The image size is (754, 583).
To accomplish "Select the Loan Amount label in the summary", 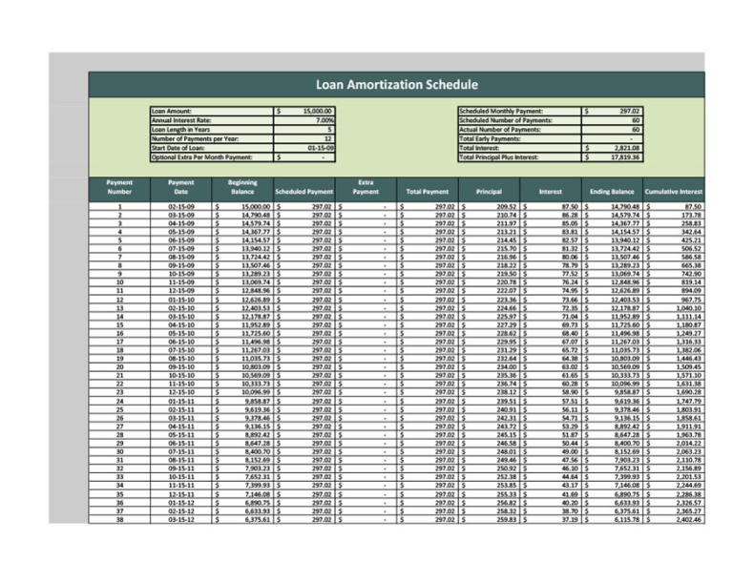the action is pos(172,112).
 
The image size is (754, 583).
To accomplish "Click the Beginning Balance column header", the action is pos(241,187).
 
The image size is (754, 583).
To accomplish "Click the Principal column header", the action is pos(489,192).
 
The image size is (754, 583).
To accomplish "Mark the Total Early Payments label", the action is pos(497,138).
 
